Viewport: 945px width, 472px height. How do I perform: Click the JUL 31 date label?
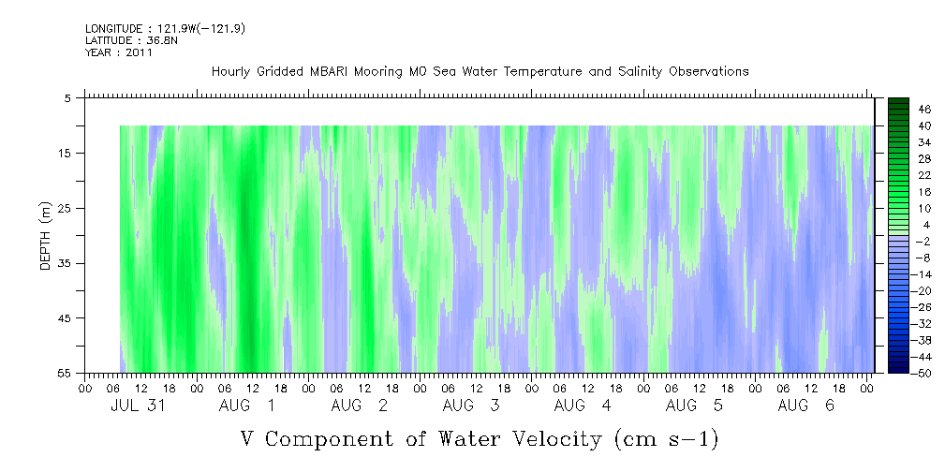tap(138, 406)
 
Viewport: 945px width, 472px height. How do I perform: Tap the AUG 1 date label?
tap(246, 406)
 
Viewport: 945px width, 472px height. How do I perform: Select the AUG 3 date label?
tap(471, 406)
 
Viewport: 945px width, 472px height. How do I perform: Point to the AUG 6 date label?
tap(805, 406)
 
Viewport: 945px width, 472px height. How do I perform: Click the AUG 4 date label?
tap(583, 406)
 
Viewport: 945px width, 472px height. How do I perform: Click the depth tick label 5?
tap(66, 98)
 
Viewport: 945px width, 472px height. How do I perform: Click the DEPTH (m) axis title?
tap(46, 236)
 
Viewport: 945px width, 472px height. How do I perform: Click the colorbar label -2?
tap(923, 241)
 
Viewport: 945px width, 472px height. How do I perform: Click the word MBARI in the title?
tap(331, 72)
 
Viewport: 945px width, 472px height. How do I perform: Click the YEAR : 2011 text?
tap(119, 52)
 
